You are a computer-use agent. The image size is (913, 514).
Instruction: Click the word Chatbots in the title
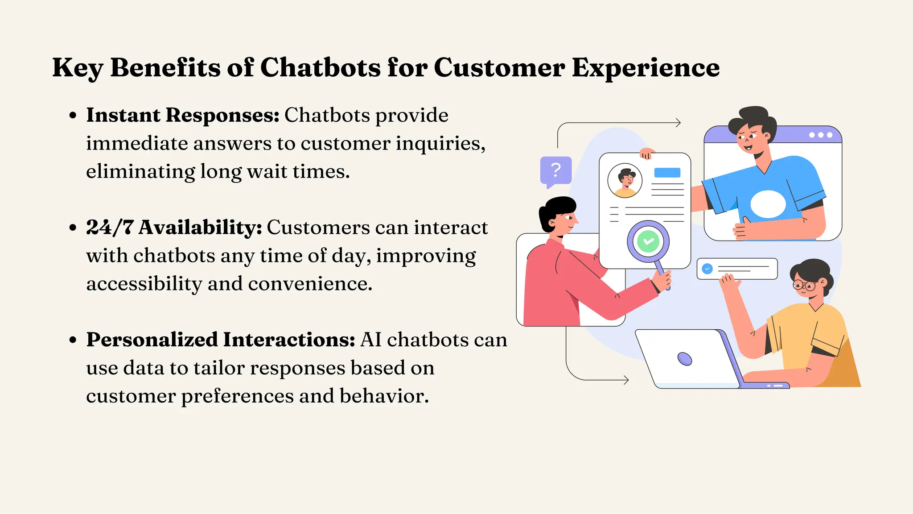coord(320,68)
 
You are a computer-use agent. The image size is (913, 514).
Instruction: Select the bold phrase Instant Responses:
coord(183,115)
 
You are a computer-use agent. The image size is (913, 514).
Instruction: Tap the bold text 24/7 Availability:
coord(174,228)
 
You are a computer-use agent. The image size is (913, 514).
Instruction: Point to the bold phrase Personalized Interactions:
coord(221,340)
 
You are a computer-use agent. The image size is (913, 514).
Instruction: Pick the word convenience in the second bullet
coord(309,284)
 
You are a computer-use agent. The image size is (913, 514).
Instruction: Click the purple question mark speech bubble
coord(555,170)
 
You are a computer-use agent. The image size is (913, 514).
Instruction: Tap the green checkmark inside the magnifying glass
coord(648,241)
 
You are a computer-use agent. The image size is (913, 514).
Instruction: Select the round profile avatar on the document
coord(625,181)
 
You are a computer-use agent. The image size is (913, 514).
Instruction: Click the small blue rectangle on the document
coord(667,173)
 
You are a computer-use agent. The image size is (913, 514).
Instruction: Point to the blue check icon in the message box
coord(707,269)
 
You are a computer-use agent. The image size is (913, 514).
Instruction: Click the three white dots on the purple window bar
coord(820,135)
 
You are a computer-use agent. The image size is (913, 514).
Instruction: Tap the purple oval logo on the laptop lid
coord(684,359)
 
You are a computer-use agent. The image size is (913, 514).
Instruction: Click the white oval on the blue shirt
coord(768,204)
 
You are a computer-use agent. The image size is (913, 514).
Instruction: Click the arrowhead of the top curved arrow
coord(679,123)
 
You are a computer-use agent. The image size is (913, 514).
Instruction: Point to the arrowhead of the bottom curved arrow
coord(626,380)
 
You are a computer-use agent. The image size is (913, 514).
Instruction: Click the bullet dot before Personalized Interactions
coord(73,340)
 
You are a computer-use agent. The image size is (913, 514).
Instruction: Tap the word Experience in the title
coord(646,68)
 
